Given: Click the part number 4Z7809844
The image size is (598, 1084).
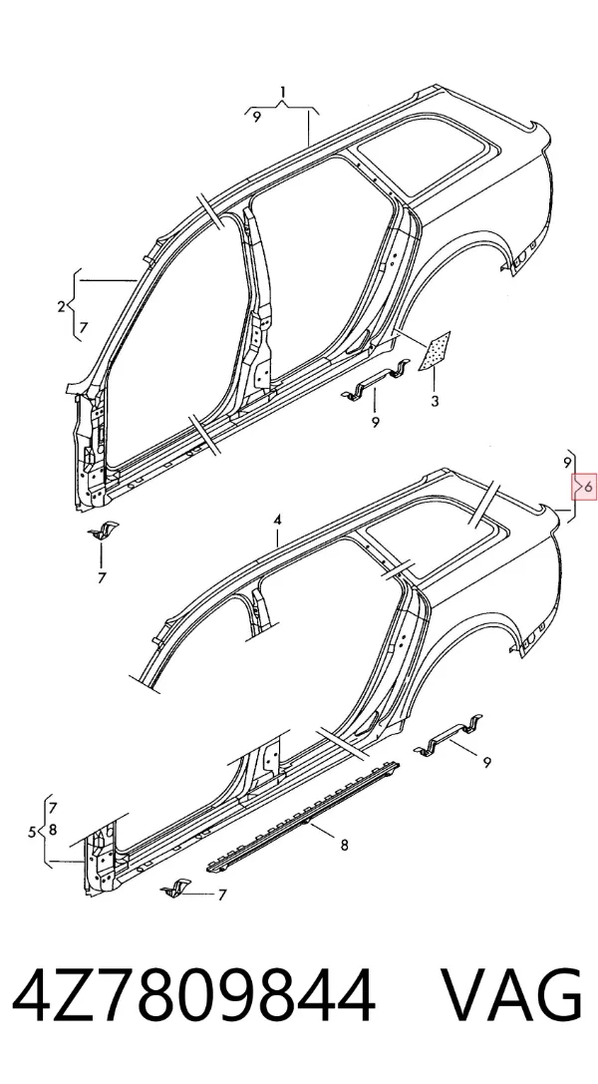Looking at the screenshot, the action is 194,996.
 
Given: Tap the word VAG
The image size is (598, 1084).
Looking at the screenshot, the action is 510,996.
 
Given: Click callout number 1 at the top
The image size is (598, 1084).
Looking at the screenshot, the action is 282,92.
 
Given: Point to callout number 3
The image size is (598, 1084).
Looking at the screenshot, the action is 435,400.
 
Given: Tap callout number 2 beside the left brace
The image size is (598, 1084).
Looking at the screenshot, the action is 62,306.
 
